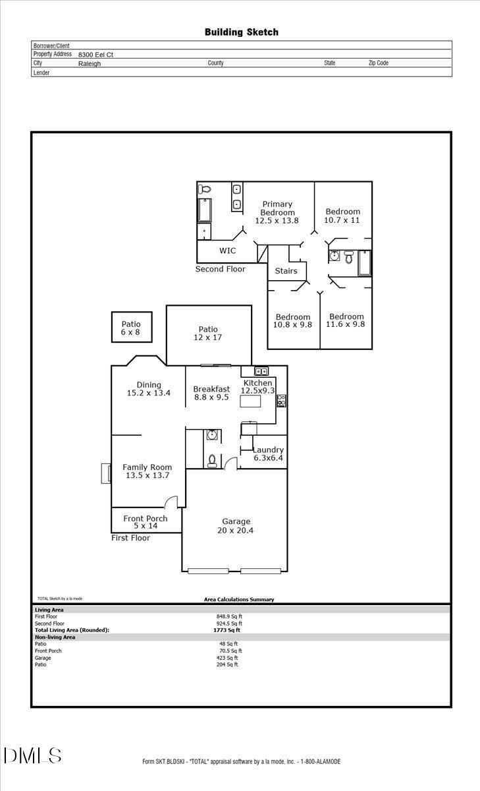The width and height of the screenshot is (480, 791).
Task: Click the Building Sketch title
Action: point(241,32)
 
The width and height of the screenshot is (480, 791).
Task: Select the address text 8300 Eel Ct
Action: point(95,55)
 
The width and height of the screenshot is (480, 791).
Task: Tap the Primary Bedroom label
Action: point(277,212)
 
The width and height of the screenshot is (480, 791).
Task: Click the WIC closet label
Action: point(227,250)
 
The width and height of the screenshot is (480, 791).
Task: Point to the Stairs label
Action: point(286,271)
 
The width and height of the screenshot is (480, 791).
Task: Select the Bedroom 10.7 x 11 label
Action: point(342,216)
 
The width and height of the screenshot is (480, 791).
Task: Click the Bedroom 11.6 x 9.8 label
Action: point(346,320)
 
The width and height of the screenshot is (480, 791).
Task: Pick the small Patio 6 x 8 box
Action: point(130,328)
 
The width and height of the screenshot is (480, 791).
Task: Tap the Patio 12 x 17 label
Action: point(208,333)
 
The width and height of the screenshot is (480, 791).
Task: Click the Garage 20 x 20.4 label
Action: point(235,525)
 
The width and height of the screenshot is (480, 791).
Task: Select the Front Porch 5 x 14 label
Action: point(146,522)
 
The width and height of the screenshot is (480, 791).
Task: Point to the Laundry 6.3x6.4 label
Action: point(268,454)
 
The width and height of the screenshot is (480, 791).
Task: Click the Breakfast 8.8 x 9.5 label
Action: point(211,393)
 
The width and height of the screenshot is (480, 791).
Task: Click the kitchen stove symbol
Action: point(281,401)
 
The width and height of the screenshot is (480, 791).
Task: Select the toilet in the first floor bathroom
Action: point(212,460)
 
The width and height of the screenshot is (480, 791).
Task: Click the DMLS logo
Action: point(32,755)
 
